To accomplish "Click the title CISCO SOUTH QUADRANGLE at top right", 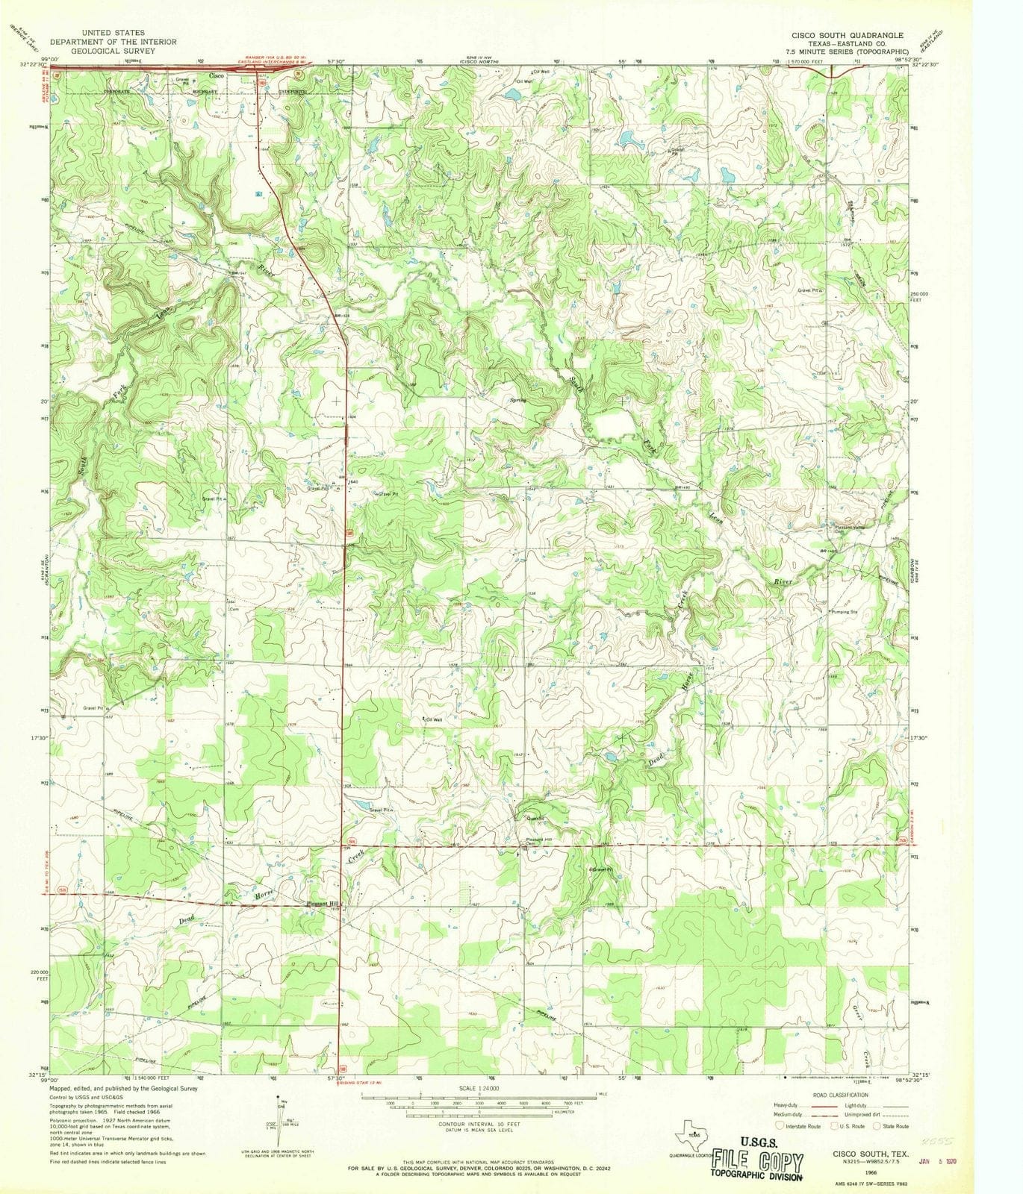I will pos(848,35).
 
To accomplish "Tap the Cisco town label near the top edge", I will pos(216,76).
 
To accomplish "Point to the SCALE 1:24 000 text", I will pos(478,1089).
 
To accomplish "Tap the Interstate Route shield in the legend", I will pos(780,1125).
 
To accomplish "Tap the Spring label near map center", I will pos(517,400).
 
